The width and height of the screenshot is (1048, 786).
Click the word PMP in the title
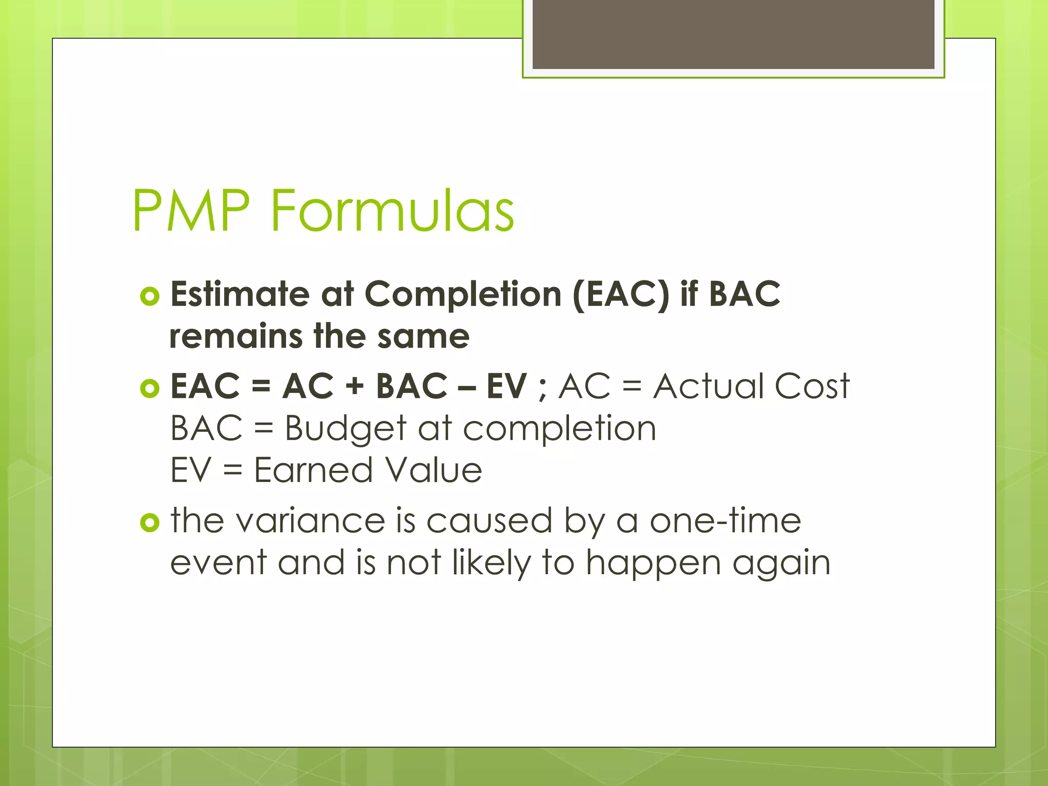tap(191, 211)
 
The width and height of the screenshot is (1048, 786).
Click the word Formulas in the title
tap(392, 211)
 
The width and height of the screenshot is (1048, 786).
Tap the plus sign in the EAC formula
tap(354, 386)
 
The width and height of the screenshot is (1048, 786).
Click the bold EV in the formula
tap(506, 386)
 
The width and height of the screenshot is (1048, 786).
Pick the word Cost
tap(812, 386)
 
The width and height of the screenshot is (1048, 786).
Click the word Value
tap(433, 470)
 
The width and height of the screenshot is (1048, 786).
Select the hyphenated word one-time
tap(725, 521)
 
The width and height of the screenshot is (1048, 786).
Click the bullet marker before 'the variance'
tap(149, 522)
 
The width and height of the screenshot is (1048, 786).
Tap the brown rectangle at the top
tap(733, 34)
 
